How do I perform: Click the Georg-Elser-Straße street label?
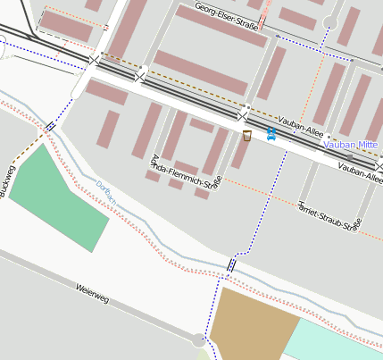click(227, 17)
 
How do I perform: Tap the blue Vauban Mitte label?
click(353, 143)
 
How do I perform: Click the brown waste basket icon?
click(246, 135)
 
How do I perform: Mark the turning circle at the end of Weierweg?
click(197, 339)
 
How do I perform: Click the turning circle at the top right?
click(330, 22)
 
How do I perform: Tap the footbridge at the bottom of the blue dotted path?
click(231, 264)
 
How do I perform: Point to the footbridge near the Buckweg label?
click(51, 127)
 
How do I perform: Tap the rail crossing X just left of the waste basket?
click(242, 116)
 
